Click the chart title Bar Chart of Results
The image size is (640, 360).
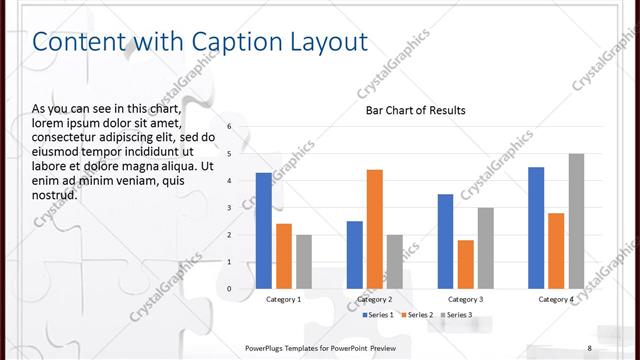[x=415, y=110]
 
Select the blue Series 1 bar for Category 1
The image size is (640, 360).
[x=264, y=231]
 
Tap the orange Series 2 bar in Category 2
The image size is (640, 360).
[x=375, y=229]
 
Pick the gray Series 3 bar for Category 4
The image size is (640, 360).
[x=576, y=221]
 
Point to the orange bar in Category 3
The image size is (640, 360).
[x=466, y=264]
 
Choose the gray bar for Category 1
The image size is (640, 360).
[x=304, y=262]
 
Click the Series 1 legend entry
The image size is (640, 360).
[x=378, y=315]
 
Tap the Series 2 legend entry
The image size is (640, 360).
[x=418, y=315]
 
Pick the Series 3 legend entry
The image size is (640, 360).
[x=457, y=315]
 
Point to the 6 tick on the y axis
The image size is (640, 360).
[x=229, y=127]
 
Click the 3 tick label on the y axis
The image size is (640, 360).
[x=229, y=208]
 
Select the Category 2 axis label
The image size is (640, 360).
[x=375, y=299]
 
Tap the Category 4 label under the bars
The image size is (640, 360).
[x=556, y=299]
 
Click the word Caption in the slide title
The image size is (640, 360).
[x=234, y=42]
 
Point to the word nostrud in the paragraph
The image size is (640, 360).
[x=55, y=194]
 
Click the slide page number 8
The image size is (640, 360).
[x=590, y=347]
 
